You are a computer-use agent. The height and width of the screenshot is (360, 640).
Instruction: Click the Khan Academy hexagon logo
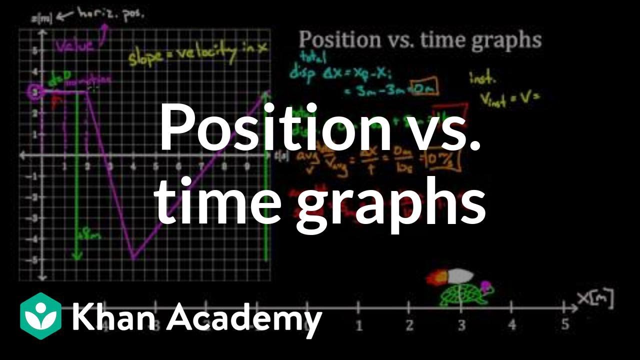click(40, 316)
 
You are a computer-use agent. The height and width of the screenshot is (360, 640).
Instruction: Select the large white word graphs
click(391, 202)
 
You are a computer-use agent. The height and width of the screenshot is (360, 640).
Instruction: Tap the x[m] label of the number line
click(594, 299)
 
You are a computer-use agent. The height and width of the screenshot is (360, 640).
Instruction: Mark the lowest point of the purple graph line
click(133, 258)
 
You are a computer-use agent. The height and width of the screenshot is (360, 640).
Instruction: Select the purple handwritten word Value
click(73, 46)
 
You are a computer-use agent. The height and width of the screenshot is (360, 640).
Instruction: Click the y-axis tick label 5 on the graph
click(35, 50)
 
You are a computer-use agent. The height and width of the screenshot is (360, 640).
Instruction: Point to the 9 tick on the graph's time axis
click(247, 167)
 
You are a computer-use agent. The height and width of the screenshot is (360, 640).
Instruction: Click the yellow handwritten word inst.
click(482, 77)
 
